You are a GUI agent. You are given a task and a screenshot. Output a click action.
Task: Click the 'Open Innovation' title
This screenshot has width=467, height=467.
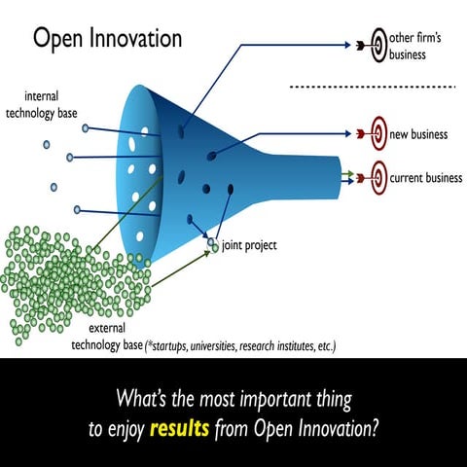(107, 39)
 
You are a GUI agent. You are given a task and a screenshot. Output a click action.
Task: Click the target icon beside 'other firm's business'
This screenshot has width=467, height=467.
(375, 43)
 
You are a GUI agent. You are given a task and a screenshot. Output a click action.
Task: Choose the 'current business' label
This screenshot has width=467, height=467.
(425, 177)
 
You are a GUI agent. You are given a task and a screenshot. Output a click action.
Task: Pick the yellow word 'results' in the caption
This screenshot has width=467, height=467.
(180, 427)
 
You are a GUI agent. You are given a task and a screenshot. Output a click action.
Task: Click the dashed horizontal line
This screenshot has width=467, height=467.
(375, 87)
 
